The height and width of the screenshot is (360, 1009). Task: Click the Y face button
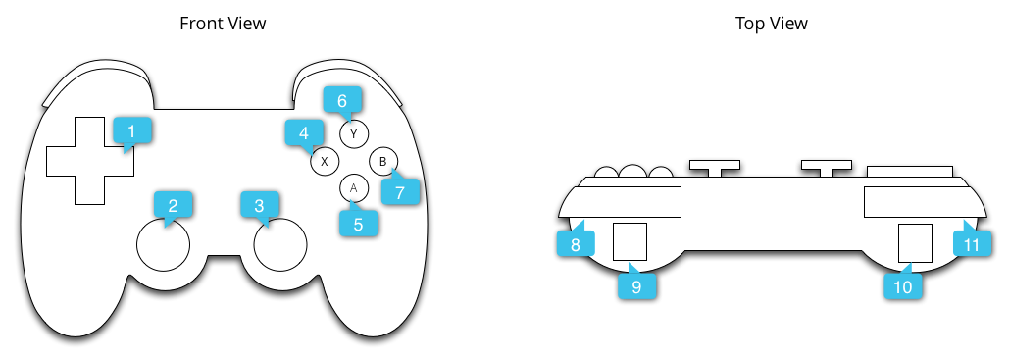[353, 133]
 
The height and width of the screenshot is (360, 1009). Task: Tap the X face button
[325, 160]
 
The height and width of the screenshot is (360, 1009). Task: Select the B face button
[383, 160]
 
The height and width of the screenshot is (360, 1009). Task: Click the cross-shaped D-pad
[89, 161]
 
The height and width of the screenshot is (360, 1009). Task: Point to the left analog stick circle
[162, 243]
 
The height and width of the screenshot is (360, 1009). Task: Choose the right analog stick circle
[280, 243]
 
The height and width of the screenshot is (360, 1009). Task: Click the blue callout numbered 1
[132, 130]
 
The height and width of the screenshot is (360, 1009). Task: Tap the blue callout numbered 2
[173, 205]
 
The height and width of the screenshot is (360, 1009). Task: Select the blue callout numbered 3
[259, 205]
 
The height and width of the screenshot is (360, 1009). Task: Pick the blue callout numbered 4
[303, 132]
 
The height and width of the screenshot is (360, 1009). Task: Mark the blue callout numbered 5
[358, 224]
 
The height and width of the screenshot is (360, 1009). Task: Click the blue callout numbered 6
[342, 100]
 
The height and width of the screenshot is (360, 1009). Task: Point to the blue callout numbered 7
[399, 192]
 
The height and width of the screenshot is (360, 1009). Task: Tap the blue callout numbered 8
[576, 243]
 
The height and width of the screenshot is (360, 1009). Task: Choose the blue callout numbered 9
[636, 285]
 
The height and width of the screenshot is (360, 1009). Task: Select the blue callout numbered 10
[902, 285]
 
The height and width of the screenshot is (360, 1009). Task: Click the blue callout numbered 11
[972, 243]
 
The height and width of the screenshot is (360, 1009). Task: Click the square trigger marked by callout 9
[630, 241]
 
